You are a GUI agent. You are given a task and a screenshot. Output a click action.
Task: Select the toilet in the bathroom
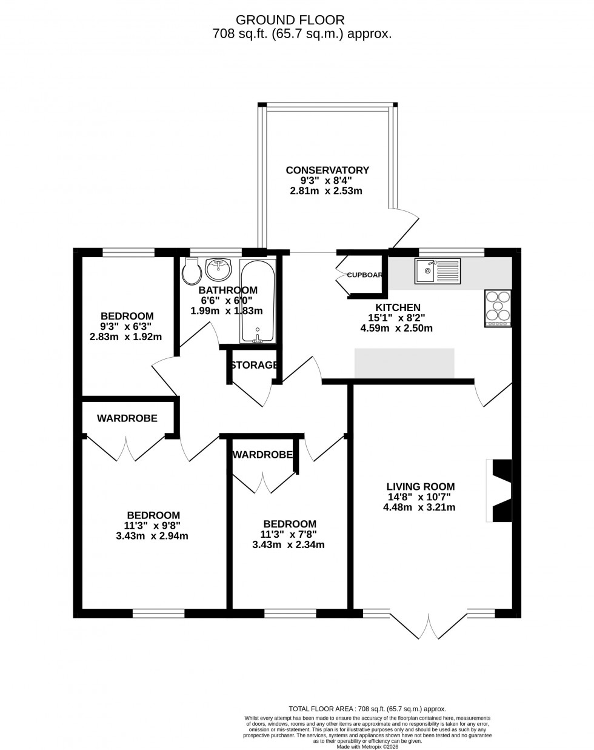(x=192, y=272)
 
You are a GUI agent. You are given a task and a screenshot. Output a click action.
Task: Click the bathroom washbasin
(x=218, y=267)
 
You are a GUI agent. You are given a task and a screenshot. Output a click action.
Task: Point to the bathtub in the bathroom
(x=258, y=301)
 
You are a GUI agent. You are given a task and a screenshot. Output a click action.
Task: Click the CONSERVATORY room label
(x=327, y=170)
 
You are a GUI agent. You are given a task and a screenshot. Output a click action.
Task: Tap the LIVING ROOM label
(x=421, y=486)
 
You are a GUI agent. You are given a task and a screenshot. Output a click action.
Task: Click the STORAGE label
(x=254, y=365)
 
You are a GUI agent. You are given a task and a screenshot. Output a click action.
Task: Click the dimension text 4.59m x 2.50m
(x=396, y=329)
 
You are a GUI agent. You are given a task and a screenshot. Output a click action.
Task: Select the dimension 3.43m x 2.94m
(x=152, y=536)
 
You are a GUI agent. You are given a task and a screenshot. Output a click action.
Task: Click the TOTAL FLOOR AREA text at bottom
(x=367, y=709)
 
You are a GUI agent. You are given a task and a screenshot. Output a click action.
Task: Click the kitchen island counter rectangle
(x=404, y=363)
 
